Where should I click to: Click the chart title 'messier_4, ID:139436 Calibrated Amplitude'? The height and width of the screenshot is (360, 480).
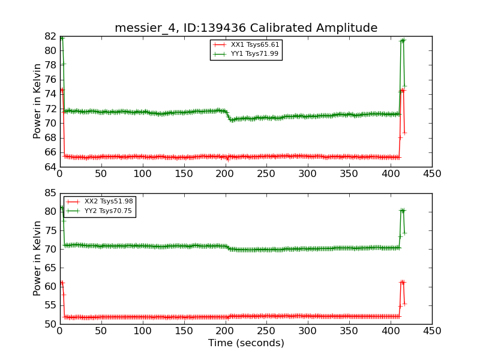point(246,28)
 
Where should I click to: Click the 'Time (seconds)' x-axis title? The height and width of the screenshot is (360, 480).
point(246,343)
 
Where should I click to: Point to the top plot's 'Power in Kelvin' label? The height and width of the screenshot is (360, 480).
point(38,101)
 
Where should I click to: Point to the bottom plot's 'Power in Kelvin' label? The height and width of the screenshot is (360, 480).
point(38,258)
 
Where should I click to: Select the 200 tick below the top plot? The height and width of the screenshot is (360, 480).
point(225,174)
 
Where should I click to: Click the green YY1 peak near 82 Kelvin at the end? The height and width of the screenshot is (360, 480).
point(403,40)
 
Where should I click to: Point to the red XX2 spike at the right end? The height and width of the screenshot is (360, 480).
point(402,281)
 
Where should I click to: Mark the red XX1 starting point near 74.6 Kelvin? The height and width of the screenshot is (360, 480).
point(61,90)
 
